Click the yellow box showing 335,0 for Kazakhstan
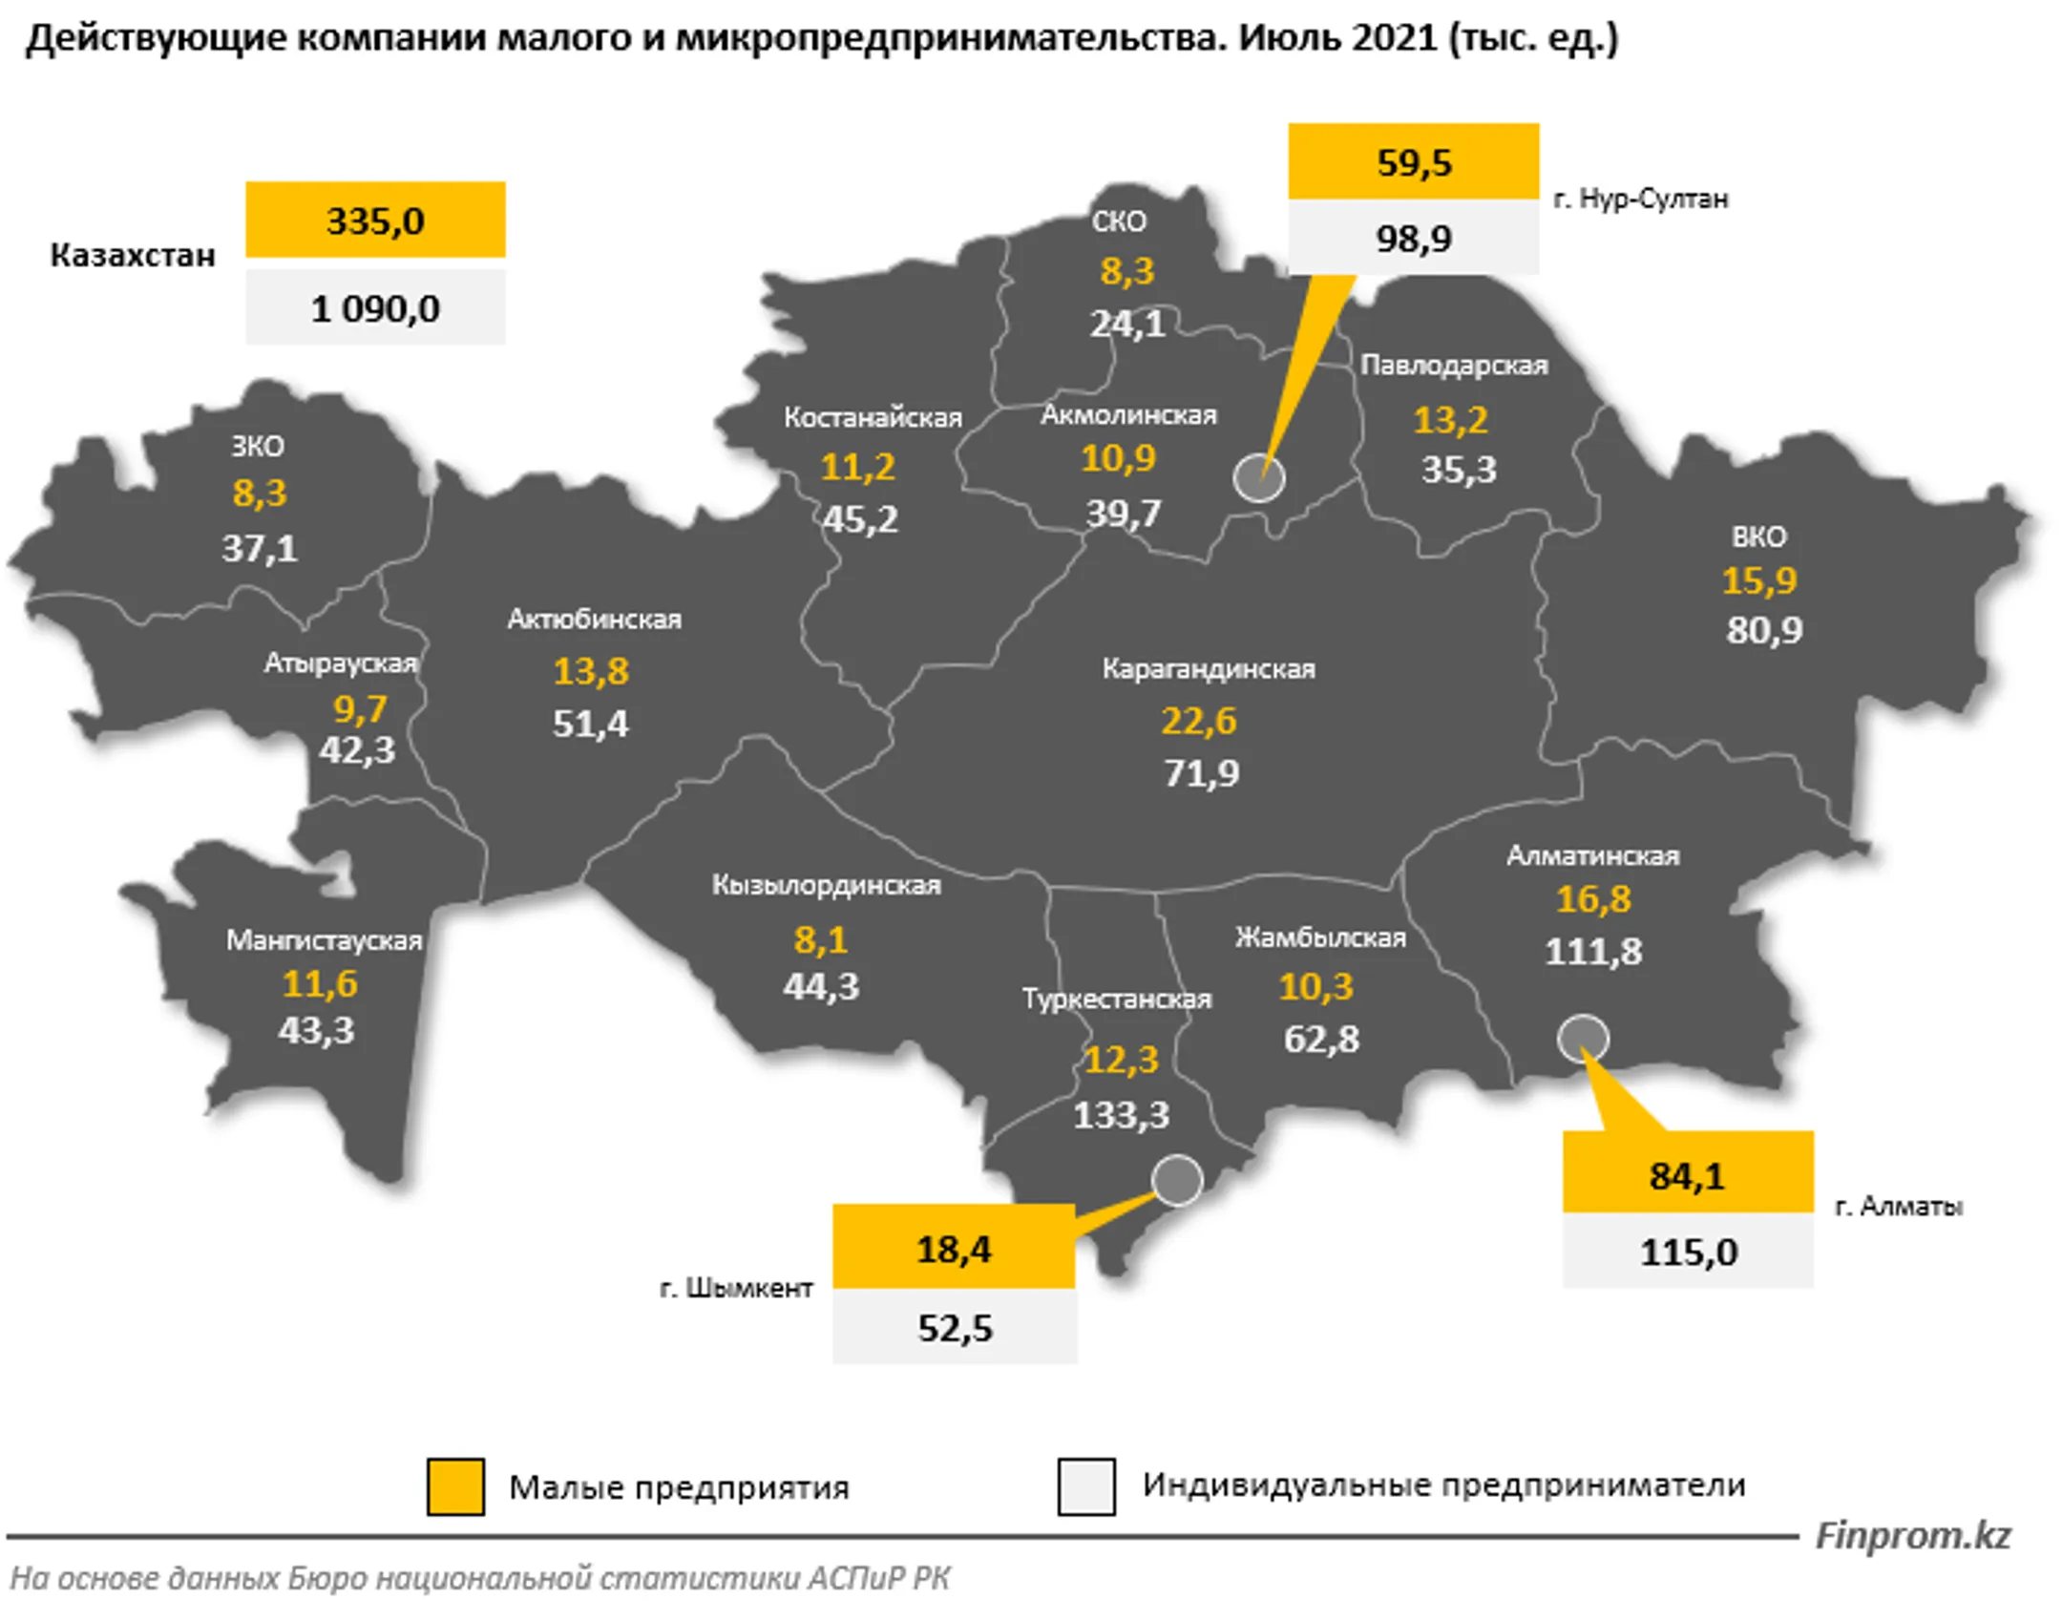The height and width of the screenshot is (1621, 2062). [375, 220]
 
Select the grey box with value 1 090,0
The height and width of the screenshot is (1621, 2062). [375, 307]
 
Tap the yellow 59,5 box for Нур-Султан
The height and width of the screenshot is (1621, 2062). [1413, 161]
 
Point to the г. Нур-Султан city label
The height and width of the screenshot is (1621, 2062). [1640, 199]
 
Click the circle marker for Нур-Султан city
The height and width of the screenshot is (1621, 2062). [1258, 477]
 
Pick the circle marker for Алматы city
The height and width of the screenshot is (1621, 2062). [1582, 1039]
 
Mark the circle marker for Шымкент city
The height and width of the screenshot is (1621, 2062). [1177, 1180]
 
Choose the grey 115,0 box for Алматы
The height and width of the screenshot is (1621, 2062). [1688, 1252]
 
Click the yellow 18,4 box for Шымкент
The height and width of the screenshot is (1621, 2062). [954, 1248]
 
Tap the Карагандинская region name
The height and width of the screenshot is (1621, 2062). [1209, 668]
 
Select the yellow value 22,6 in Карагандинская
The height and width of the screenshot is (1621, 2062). [1198, 721]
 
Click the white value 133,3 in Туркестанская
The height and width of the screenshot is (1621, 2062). [1121, 1114]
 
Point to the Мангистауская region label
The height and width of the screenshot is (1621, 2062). [324, 940]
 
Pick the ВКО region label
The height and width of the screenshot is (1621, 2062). [1758, 537]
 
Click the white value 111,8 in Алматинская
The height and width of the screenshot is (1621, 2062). [1593, 951]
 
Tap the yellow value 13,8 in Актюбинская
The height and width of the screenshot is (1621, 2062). [591, 671]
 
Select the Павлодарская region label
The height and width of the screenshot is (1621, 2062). [1454, 365]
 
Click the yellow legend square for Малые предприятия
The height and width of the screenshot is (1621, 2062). [455, 1486]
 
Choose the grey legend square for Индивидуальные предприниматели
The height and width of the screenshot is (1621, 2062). [1086, 1486]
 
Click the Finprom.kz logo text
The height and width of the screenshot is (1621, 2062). [1912, 1535]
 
